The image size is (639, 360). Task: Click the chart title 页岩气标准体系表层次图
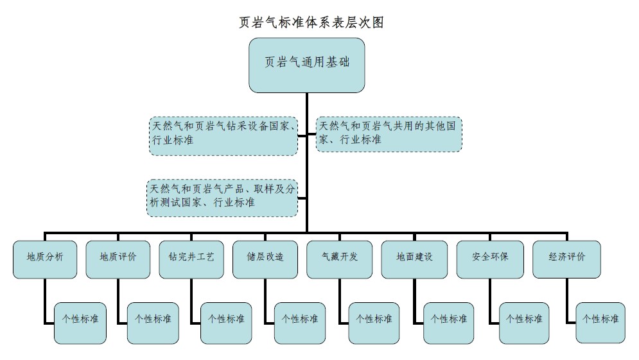click(x=311, y=22)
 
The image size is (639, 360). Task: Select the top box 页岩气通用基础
click(x=307, y=64)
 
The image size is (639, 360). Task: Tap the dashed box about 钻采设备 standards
click(x=223, y=135)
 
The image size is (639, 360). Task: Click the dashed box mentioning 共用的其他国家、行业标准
click(x=389, y=133)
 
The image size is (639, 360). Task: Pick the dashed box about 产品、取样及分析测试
click(x=222, y=198)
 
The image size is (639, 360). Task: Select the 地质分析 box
click(x=45, y=259)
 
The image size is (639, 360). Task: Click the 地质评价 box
click(x=118, y=259)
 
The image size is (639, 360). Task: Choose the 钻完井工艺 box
click(x=191, y=259)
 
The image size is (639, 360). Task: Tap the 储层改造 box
click(x=265, y=259)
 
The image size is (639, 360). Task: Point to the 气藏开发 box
click(x=340, y=259)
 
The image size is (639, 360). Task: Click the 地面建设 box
click(x=414, y=259)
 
